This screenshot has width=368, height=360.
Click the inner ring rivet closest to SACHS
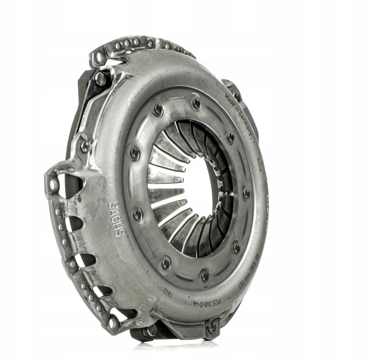click(138, 214)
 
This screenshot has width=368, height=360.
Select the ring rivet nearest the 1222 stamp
click(166, 263)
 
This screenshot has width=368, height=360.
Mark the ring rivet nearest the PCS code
click(204, 276)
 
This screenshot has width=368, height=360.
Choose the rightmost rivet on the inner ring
click(247, 193)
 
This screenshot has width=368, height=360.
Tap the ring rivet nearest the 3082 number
click(236, 247)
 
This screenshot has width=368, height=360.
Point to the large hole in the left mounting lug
click(54, 185)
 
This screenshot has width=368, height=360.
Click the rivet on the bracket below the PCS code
click(212, 327)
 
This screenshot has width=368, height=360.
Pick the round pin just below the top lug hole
click(100, 79)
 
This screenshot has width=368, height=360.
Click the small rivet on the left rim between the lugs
click(85, 146)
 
